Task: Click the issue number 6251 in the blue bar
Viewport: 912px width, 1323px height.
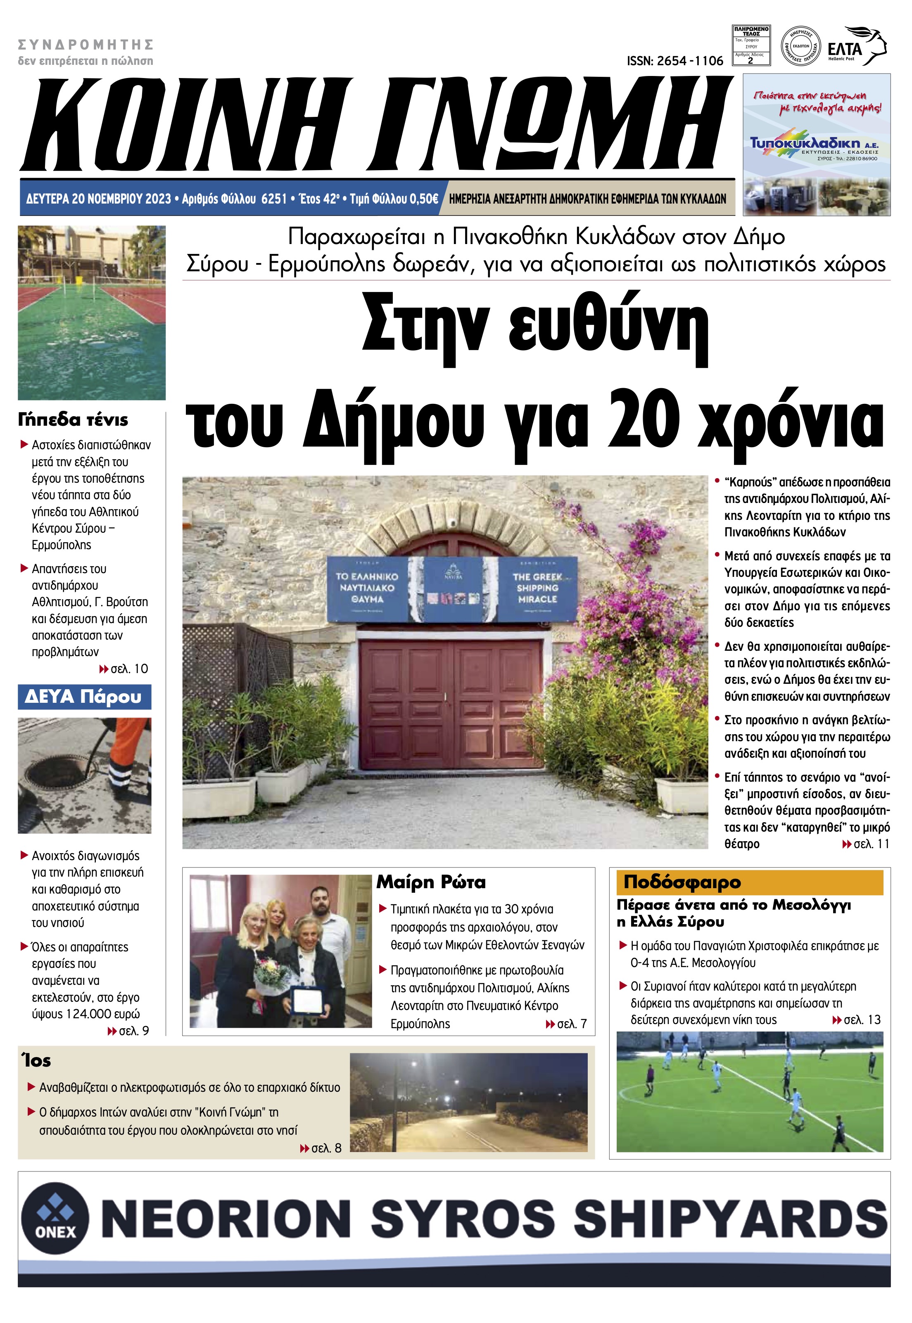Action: [x=273, y=199]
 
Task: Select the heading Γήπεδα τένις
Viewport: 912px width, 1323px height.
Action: [x=73, y=420]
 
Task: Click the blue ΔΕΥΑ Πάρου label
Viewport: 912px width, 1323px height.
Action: [x=83, y=697]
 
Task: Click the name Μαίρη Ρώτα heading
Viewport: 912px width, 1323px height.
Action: [x=431, y=882]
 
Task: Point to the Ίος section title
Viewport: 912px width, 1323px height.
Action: [x=37, y=1061]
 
